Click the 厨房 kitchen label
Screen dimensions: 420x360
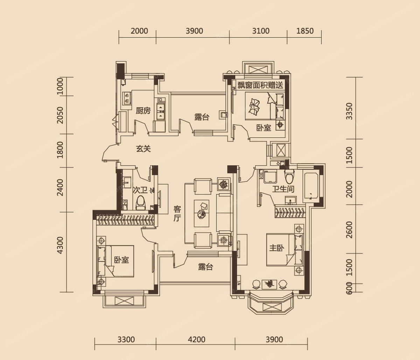pos(143,111)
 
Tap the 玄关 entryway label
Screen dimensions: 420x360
pos(143,149)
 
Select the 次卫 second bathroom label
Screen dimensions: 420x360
pos(140,190)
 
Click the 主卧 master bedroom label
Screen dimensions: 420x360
pos(277,248)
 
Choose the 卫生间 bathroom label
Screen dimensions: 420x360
pos(283,189)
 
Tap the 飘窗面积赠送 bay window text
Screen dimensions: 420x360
pos(260,85)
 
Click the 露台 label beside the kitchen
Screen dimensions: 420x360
pos(202,117)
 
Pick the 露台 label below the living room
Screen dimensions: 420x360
pos(205,267)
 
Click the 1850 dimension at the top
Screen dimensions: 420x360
pos(305,31)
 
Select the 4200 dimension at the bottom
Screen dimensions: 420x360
pos(196,339)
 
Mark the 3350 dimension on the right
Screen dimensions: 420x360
pos(349,111)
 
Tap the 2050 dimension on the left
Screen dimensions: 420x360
pos(60,115)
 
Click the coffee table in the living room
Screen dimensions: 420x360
pos(201,213)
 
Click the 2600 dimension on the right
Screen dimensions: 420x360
pos(349,230)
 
